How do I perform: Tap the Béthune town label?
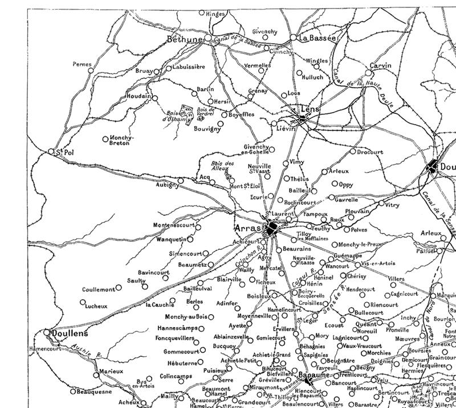pyautogui.click(x=186, y=39)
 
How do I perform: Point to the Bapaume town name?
pyautogui.click(x=313, y=375)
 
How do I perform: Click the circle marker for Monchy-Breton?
pyautogui.click(x=105, y=139)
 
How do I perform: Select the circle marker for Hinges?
pyautogui.click(x=201, y=12)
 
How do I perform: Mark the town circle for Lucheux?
pyautogui.click(x=83, y=302)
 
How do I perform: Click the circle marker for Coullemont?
pyautogui.click(x=119, y=288)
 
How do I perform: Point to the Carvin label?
pyautogui.click(x=380, y=66)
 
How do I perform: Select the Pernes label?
pyautogui.click(x=82, y=65)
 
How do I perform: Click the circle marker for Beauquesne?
pyautogui.click(x=72, y=391)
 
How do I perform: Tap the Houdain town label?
pyautogui.click(x=139, y=96)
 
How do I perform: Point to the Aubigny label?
pyautogui.click(x=166, y=185)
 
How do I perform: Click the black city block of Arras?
pyautogui.click(x=272, y=229)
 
